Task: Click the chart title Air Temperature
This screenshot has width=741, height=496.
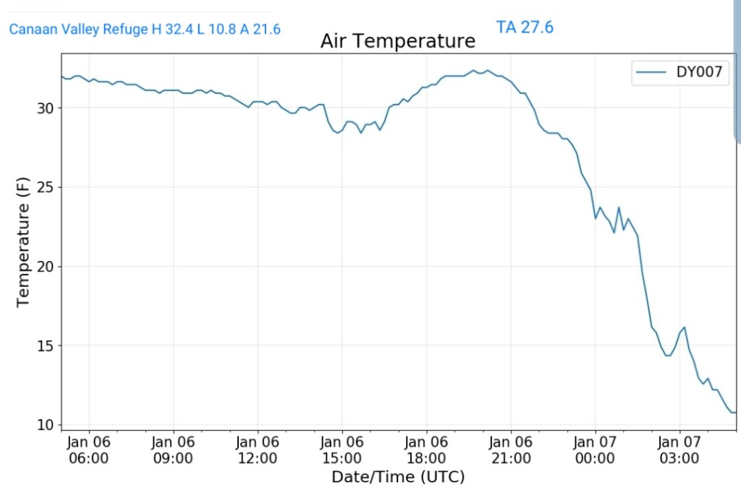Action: (397, 41)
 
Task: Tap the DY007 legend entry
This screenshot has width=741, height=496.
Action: (681, 72)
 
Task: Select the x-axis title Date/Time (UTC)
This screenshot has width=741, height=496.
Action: (397, 477)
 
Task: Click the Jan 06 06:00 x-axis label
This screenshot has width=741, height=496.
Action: (89, 449)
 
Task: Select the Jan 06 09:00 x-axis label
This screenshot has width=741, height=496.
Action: (173, 449)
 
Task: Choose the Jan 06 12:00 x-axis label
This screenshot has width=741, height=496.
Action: (258, 449)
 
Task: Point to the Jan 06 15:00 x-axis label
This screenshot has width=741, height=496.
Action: (342, 449)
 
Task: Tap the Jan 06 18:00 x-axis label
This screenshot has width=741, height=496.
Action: (426, 449)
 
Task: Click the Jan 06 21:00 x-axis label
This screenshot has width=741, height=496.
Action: (510, 449)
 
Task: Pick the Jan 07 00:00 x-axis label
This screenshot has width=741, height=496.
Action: (595, 449)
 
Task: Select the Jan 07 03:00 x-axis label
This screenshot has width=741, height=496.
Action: (679, 449)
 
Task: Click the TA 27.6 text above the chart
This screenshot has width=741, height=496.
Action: (525, 27)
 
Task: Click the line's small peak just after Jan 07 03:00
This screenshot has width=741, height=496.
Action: (684, 327)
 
